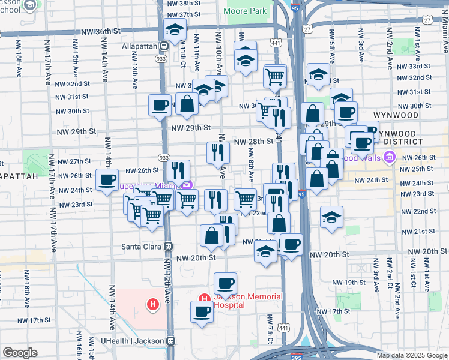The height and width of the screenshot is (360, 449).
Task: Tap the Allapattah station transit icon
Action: click(x=164, y=46)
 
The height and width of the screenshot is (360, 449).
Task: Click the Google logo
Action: click(x=20, y=353)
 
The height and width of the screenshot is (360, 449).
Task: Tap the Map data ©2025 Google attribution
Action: click(x=412, y=355)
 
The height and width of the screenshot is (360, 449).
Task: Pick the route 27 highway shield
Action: click(x=307, y=28)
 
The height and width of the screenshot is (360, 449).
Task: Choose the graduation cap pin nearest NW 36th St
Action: click(x=175, y=29)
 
